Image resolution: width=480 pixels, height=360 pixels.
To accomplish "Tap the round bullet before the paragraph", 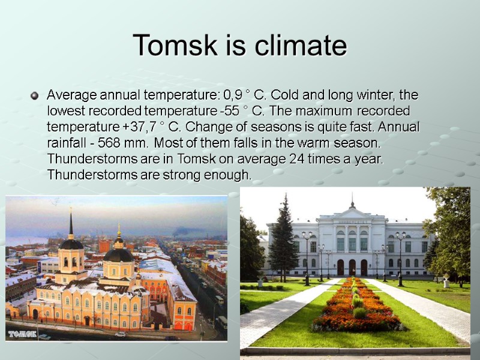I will (x=34, y=95).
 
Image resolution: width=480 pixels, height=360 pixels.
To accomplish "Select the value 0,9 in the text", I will (x=233, y=95).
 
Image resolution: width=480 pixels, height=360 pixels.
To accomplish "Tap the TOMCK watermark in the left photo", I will (x=22, y=333).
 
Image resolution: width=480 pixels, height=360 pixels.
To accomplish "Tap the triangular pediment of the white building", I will (x=352, y=213).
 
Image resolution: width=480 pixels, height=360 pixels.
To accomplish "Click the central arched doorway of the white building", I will (x=352, y=267).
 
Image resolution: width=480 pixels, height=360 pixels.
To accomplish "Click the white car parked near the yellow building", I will (x=121, y=334).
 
